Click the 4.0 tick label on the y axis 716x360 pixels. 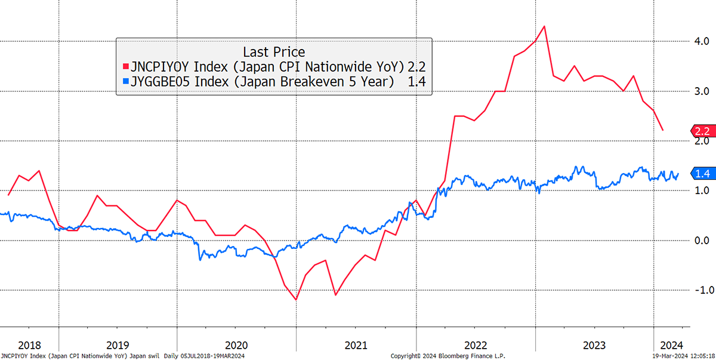pyautogui.click(x=702, y=41)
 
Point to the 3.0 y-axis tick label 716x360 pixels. pyautogui.click(x=702, y=91)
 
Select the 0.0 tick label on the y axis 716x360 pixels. pyautogui.click(x=702, y=241)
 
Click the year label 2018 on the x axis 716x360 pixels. pyautogui.click(x=29, y=346)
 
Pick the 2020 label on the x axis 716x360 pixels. pyautogui.click(x=236, y=346)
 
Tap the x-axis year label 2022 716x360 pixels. pyautogui.click(x=476, y=346)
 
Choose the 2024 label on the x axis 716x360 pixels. pyautogui.click(x=672, y=346)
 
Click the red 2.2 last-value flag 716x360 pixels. pyautogui.click(x=703, y=131)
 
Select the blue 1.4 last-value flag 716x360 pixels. pyautogui.click(x=703, y=174)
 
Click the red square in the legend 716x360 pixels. pyautogui.click(x=126, y=66)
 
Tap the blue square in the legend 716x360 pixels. pyautogui.click(x=126, y=81)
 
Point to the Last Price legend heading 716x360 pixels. pyautogui.click(x=274, y=52)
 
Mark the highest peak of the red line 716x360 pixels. pyautogui.click(x=544, y=26)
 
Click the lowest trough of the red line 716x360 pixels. pyautogui.click(x=297, y=300)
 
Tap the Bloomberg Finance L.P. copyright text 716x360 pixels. pyautogui.click(x=448, y=356)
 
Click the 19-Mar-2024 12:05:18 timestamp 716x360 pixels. pyautogui.click(x=683, y=356)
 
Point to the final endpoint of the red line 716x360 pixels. pyautogui.click(x=663, y=130)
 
